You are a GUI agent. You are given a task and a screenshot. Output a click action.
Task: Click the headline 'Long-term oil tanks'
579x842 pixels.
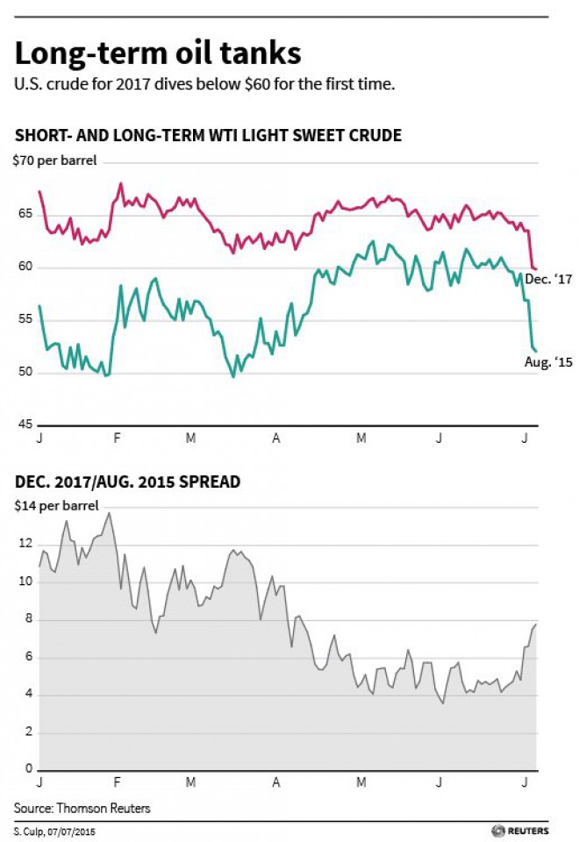coord(158,54)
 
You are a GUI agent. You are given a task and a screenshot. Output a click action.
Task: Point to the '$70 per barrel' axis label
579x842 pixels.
coord(54,161)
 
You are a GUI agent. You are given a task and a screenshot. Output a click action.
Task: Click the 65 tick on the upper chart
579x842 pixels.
coord(24,213)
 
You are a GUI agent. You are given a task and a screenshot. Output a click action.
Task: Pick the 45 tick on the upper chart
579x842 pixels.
coord(24,424)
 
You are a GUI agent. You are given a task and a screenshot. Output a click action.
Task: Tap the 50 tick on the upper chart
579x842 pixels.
coord(24,372)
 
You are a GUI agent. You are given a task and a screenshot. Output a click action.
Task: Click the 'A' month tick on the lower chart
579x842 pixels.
coord(277,782)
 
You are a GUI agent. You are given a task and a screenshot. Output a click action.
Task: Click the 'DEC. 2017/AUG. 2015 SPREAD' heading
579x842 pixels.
coord(128,482)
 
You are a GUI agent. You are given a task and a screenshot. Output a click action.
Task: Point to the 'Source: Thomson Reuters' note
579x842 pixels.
coord(82,808)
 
